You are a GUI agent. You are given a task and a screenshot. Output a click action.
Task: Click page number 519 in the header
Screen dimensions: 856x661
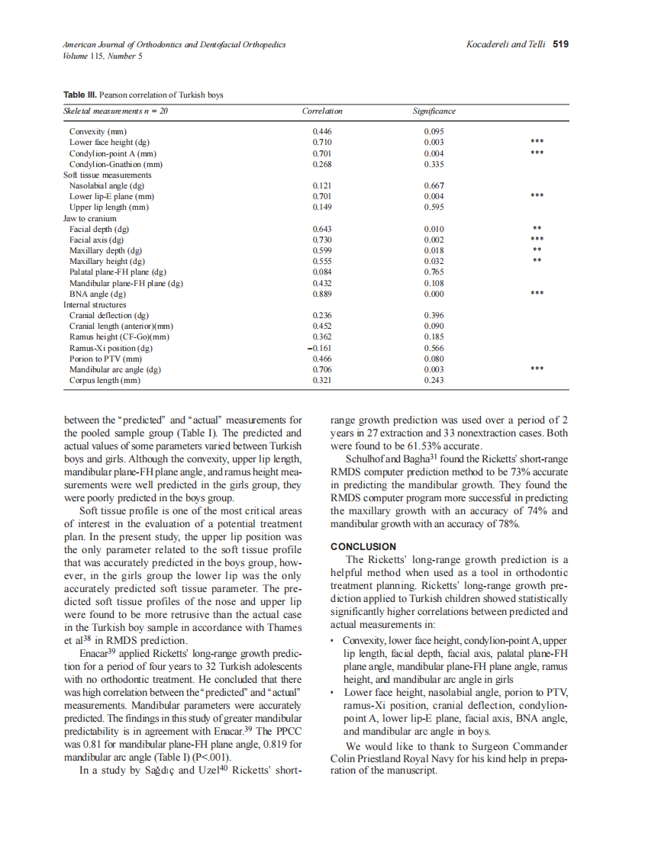click(561, 44)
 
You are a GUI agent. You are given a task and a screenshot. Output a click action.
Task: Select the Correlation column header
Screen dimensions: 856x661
click(322, 111)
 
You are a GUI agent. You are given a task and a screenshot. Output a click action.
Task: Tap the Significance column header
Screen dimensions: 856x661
click(434, 111)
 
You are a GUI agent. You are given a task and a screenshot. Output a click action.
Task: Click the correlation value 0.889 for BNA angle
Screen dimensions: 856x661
click(322, 294)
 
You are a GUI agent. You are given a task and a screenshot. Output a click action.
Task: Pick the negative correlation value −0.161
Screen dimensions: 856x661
click(321, 348)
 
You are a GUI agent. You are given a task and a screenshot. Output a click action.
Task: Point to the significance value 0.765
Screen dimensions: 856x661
click(434, 272)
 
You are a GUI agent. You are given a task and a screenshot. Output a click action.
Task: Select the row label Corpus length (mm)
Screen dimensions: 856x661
click(105, 381)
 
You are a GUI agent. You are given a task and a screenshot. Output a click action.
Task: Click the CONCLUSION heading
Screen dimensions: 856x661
click(363, 547)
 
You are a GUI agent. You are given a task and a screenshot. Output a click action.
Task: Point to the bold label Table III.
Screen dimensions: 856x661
click(80, 95)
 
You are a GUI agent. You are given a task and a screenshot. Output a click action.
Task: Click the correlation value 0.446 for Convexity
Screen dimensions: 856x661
click(322, 131)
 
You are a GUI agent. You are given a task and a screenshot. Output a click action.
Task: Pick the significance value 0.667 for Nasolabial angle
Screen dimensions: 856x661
click(434, 185)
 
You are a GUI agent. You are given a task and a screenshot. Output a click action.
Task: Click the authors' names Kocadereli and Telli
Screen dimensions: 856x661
click(506, 44)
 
